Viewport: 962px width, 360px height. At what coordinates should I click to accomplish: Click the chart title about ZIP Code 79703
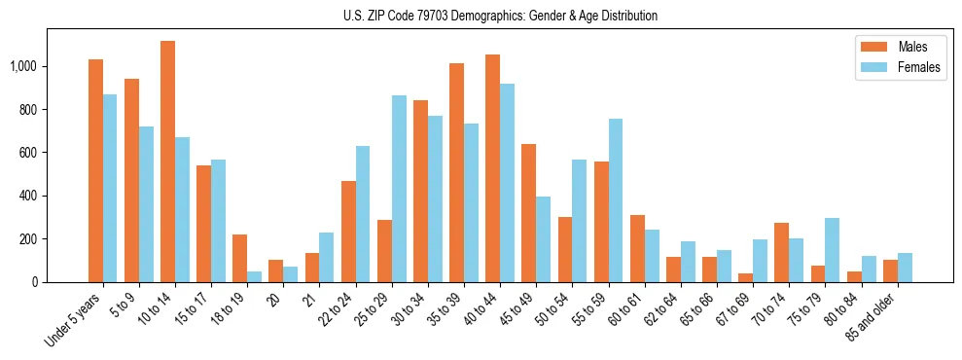(500, 16)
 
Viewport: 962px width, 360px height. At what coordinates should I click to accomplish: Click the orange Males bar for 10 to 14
(167, 162)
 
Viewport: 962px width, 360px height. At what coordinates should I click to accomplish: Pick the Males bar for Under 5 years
(95, 170)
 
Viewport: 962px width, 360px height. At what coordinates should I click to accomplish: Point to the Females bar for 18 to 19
(254, 276)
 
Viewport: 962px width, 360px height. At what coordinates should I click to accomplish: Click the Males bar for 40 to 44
(492, 168)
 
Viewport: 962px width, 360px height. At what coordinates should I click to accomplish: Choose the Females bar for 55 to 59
(616, 200)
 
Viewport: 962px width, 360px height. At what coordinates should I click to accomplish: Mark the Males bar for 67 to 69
(745, 277)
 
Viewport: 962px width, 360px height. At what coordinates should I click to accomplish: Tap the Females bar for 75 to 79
(832, 250)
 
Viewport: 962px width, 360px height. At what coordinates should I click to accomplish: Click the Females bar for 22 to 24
(363, 214)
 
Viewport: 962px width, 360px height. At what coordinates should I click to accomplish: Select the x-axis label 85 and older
(873, 312)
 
